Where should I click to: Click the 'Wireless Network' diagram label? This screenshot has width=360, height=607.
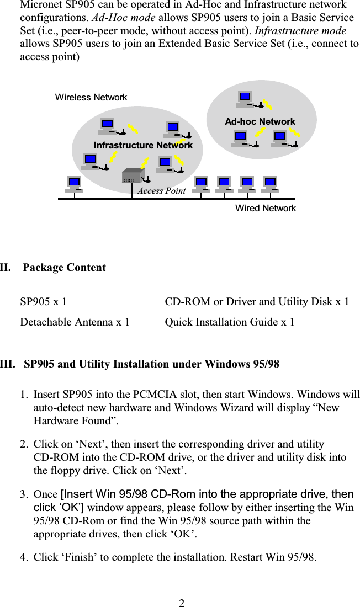click(x=91, y=98)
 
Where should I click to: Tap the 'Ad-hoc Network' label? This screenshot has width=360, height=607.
click(x=260, y=121)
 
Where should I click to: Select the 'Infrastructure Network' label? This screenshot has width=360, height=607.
click(x=143, y=145)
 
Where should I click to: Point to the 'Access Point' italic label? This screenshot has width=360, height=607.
click(x=161, y=191)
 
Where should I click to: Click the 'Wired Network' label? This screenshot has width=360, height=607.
click(x=266, y=209)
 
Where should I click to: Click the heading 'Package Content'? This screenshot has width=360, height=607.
click(x=65, y=268)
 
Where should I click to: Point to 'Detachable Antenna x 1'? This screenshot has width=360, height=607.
click(x=75, y=322)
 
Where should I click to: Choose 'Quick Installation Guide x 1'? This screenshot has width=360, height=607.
click(x=230, y=322)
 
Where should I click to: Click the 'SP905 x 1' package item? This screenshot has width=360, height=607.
click(x=44, y=302)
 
